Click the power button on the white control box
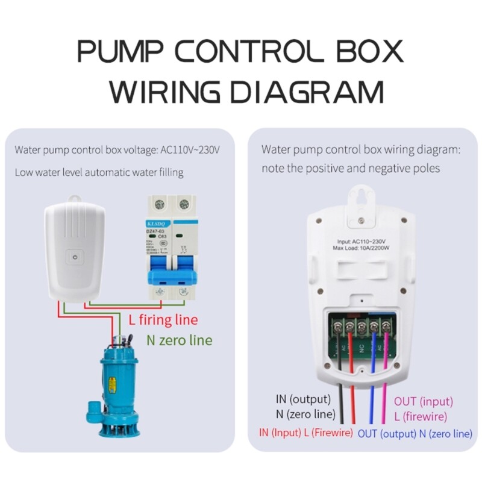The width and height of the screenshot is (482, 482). coord(74,257)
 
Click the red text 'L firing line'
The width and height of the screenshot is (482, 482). coord(163,319)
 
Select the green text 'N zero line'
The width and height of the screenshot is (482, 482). coord(180,340)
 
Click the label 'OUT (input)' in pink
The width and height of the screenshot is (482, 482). coord(423,401)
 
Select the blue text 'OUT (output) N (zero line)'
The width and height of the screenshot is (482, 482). coord(415,434)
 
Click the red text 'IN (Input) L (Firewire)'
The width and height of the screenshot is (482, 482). coord(305,433)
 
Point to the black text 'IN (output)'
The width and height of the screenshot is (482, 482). coord(303,399)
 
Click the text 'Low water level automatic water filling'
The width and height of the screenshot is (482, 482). coord(99,172)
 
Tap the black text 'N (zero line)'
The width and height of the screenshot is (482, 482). coord(305,415)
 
